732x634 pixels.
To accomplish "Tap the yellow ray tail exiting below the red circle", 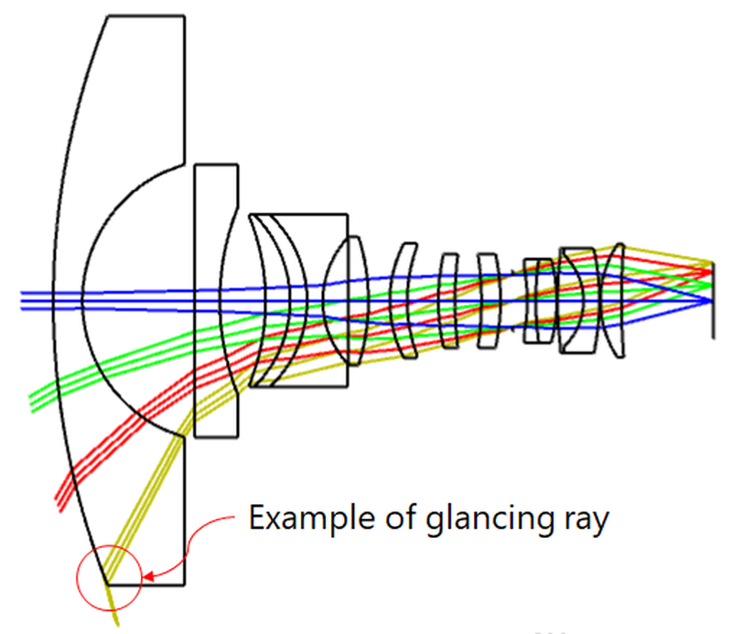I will tap(115, 613).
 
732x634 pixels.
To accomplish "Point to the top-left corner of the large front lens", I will tap(107, 16).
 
